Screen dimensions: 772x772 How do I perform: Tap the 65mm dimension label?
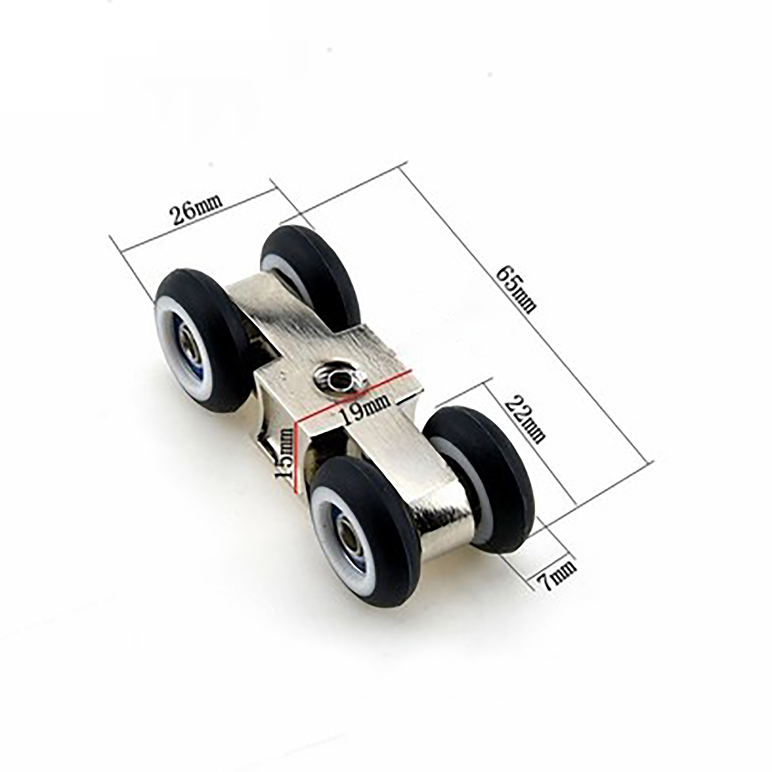516,289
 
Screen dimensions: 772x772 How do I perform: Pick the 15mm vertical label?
283,454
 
